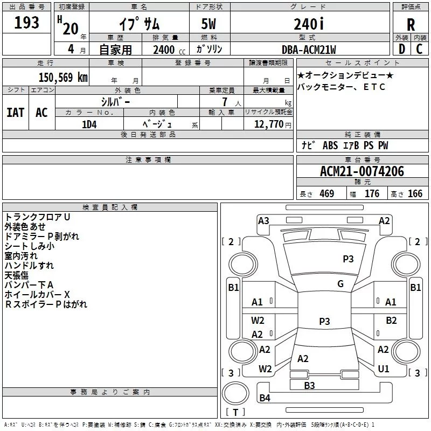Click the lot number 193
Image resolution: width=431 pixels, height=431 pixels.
[27, 23]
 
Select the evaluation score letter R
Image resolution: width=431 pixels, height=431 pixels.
[411, 25]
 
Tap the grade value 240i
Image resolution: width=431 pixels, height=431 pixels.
[309, 24]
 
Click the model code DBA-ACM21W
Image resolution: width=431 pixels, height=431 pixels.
[309, 50]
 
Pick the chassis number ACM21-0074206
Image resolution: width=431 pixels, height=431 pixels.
[362, 172]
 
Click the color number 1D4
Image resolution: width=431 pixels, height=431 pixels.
[89, 123]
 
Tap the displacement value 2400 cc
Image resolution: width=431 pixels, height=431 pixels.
[165, 50]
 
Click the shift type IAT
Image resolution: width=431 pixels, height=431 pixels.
[15, 113]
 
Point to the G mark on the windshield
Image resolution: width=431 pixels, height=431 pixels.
[340, 284]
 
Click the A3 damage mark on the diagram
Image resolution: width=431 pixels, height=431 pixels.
[263, 220]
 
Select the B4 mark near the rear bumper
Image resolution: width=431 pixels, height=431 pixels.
[265, 398]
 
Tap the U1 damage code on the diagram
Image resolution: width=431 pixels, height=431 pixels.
[384, 369]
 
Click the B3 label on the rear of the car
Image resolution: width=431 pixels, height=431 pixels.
[309, 385]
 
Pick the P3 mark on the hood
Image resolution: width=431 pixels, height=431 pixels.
[348, 259]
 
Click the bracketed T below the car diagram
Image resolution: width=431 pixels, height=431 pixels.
[235, 413]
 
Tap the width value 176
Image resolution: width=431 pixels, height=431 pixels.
[372, 194]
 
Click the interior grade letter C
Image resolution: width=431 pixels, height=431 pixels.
[419, 50]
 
